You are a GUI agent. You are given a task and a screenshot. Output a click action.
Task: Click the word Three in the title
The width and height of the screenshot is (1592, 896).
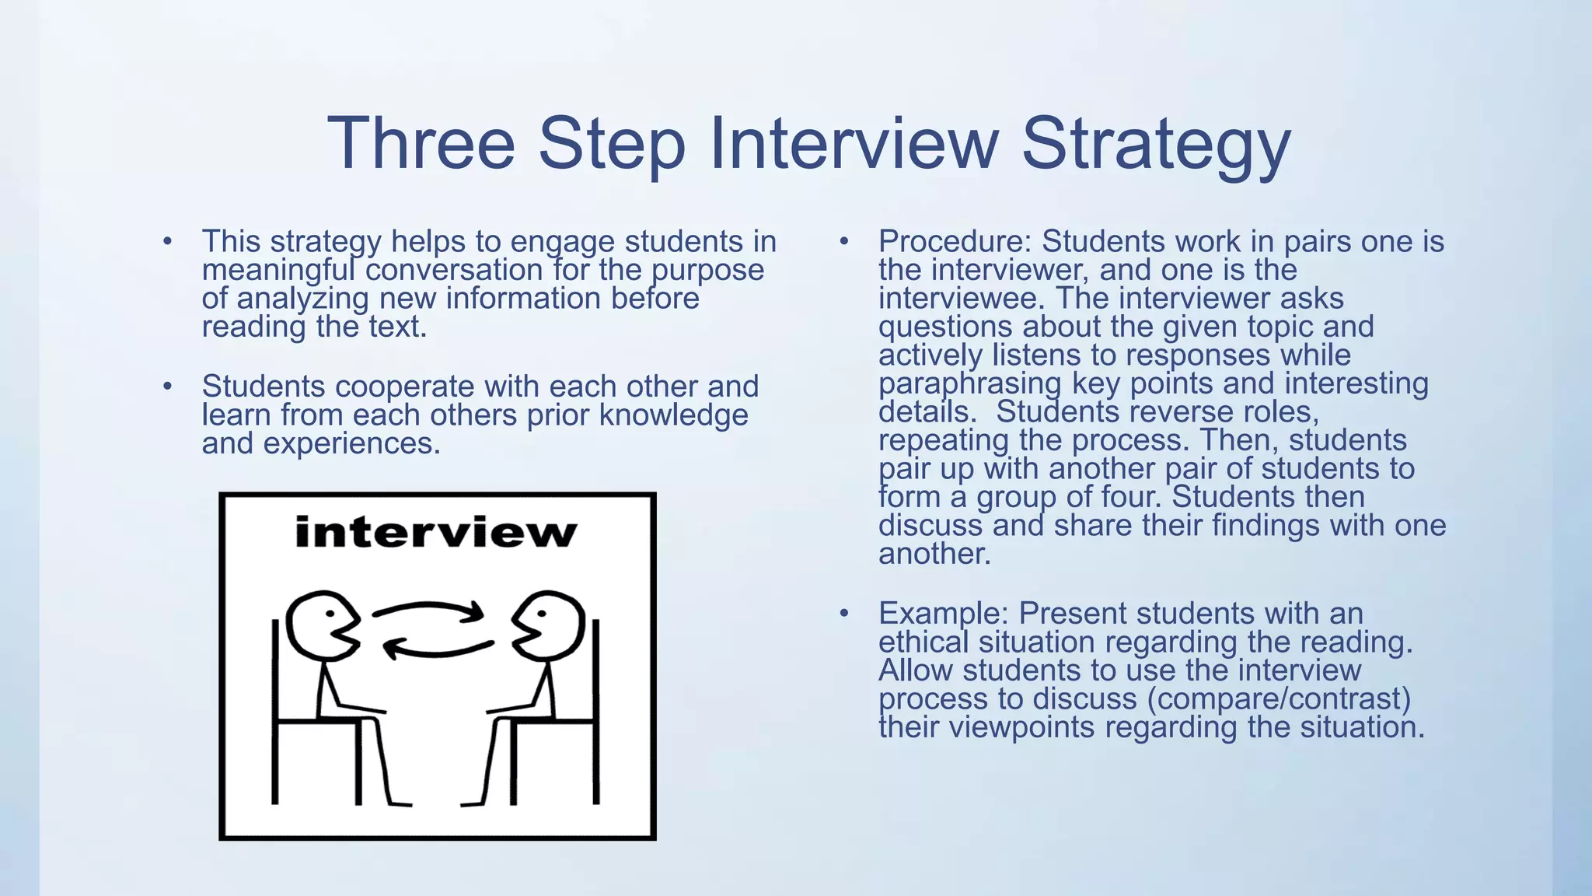point(421,144)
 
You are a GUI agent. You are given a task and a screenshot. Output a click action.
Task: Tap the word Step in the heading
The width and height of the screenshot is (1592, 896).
point(611,144)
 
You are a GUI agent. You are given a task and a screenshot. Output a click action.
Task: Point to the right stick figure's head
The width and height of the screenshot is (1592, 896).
point(550,625)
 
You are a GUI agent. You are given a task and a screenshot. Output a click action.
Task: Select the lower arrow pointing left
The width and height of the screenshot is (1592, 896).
point(438,647)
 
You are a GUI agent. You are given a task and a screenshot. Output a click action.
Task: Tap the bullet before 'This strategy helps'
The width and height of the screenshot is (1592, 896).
point(167,242)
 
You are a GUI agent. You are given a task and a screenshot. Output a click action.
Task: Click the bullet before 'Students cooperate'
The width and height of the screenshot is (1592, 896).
point(167,387)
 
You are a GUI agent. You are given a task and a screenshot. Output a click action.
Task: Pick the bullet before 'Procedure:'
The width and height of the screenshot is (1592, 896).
point(843,242)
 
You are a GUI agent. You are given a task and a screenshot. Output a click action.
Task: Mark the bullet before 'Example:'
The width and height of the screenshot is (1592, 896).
point(843,614)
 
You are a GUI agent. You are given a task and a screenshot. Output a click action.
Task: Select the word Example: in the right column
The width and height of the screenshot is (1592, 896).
point(943,614)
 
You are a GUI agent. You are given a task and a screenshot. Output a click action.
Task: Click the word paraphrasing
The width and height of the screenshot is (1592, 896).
point(969,383)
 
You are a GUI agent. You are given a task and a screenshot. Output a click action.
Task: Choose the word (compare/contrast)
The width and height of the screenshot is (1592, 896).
point(1279,698)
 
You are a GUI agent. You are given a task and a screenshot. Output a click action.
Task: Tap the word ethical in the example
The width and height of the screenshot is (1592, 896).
point(923,642)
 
